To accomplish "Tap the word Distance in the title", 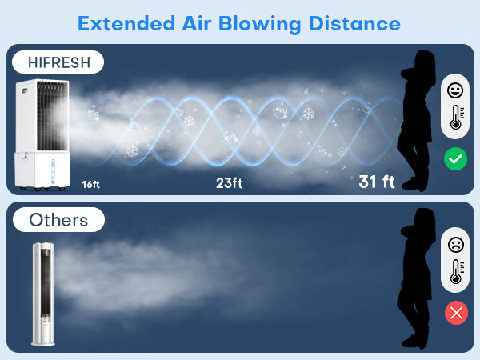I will (352, 22).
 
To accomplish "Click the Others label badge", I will (58, 219).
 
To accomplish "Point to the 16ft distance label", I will (90, 184).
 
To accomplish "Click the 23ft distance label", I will (229, 183).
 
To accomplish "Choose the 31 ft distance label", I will (377, 182).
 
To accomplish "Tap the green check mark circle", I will (456, 159).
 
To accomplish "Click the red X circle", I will (456, 313).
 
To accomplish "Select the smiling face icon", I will (456, 90).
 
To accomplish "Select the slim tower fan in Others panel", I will (45, 294).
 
